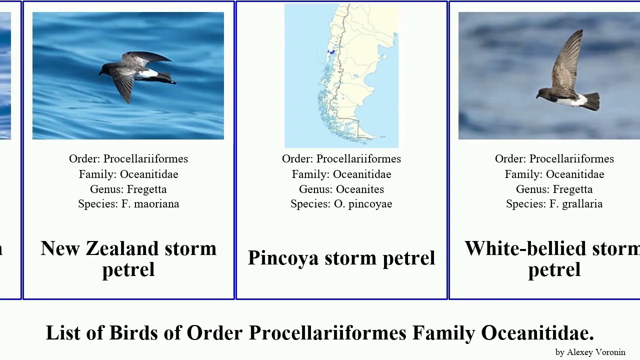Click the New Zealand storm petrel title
click(x=128, y=258)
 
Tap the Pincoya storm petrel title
click(x=341, y=258)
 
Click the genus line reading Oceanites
click(x=341, y=189)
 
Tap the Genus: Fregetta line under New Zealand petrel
click(x=128, y=189)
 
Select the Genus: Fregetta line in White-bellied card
click(x=554, y=189)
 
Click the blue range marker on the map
click(x=331, y=51)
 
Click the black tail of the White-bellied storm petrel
click(x=592, y=101)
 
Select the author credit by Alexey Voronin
click(x=590, y=352)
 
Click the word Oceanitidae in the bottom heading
click(x=537, y=333)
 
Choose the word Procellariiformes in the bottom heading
click(x=327, y=333)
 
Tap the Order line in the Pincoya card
click(x=341, y=158)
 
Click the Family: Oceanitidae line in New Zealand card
click(x=128, y=174)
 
